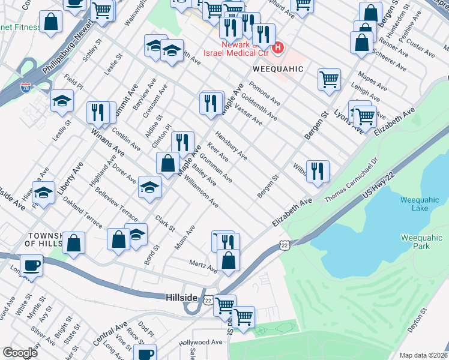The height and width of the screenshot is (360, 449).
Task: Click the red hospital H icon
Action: [277, 48]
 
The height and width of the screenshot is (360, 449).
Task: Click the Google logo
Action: [20, 352]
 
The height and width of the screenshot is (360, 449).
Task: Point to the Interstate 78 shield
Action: [25, 89]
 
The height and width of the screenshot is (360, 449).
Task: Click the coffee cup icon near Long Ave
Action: [31, 264]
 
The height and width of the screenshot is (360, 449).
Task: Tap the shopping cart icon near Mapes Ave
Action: [329, 79]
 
